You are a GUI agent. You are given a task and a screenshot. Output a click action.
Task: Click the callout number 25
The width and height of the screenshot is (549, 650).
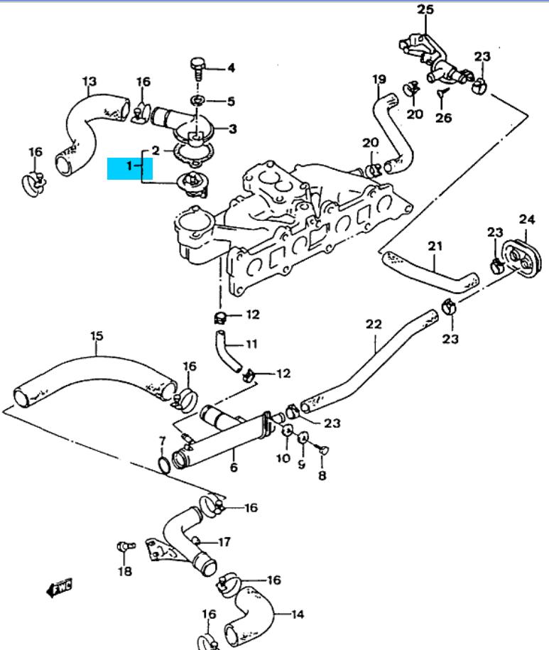425,9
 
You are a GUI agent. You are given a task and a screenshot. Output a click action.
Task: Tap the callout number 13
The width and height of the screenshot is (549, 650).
89,82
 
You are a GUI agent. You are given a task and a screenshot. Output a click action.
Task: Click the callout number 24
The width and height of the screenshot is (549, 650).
526,219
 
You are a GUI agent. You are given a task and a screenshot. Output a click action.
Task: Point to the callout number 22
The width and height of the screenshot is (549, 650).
374,325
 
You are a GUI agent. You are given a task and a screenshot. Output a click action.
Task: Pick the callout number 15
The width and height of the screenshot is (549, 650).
97,335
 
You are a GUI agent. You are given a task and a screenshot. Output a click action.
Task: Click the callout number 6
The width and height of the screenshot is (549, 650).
234,467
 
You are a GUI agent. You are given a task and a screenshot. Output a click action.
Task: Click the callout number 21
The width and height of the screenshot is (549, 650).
435,247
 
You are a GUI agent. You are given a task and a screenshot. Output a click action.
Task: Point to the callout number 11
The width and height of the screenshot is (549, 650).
251,345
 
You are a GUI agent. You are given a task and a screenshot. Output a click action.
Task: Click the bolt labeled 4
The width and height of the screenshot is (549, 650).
199,69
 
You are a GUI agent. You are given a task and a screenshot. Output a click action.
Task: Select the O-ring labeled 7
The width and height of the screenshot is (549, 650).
163,465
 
